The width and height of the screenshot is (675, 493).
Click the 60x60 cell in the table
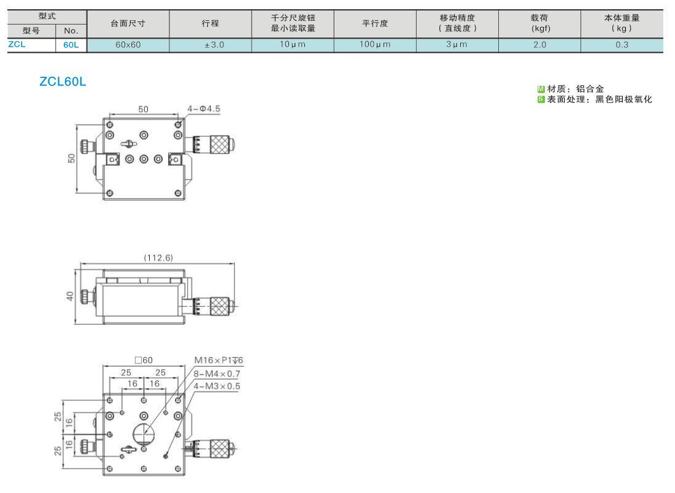click(128, 45)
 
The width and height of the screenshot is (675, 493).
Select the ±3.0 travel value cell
click(210, 45)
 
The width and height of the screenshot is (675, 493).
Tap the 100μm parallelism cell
click(375, 45)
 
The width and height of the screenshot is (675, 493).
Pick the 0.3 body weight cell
click(622, 45)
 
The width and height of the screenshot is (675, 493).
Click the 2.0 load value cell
click(539, 45)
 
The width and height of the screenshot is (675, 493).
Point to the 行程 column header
click(210, 24)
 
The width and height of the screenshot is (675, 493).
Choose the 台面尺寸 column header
click(128, 24)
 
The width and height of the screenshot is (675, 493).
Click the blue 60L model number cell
click(71, 45)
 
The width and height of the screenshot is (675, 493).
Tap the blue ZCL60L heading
click(63, 82)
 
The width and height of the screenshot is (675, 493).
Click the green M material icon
click(541, 89)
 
